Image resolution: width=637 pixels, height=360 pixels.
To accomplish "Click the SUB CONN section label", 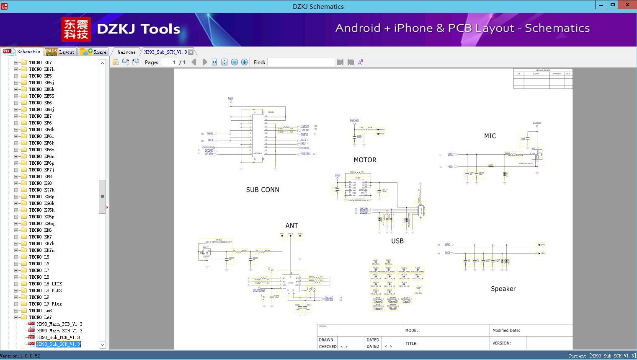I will coord(263,190).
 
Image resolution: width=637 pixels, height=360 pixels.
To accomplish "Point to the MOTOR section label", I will coord(365,160).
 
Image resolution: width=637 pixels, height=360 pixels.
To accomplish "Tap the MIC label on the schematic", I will coord(490,136).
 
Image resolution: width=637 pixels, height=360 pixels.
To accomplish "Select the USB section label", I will coord(397,241).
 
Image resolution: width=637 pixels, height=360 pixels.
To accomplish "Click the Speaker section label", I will coord(503,289).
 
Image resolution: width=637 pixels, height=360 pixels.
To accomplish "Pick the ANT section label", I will coord(292,226).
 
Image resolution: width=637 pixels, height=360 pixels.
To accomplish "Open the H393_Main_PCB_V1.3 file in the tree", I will coord(59,324).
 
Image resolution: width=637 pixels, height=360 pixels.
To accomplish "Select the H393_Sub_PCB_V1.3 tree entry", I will coord(58,337).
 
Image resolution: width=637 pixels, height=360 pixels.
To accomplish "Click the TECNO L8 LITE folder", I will coord(45,284).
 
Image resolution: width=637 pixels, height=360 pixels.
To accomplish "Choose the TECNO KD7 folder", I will coord(40,62).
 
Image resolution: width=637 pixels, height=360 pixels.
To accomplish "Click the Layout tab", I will coord(60,52).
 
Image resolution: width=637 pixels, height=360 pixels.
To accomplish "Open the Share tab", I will coord(93,52).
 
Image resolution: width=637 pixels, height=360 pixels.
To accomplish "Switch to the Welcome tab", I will coord(126,52).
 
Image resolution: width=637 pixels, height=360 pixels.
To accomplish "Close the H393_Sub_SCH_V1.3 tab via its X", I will coord(191,52).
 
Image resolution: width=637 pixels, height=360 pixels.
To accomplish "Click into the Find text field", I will coord(301,62).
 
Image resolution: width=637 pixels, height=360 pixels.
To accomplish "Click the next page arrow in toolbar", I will coord(205,62).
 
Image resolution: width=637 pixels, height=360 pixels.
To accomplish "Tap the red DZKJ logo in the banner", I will coord(76,29).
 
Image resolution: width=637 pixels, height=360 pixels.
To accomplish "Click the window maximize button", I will coord(613,5).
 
